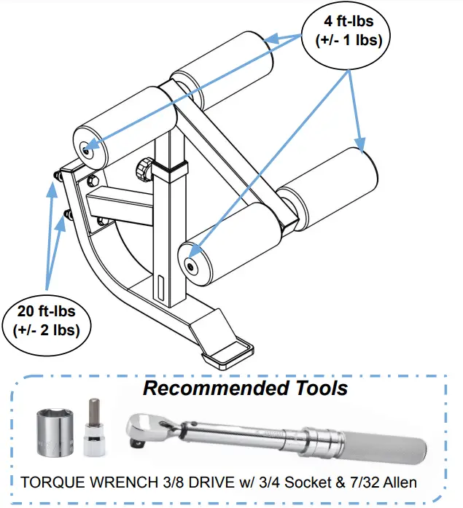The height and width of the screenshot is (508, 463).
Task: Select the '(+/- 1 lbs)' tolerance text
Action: (x=349, y=42)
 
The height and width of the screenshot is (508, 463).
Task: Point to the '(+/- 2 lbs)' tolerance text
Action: (x=47, y=329)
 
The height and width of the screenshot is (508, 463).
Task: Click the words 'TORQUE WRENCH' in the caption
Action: (x=79, y=482)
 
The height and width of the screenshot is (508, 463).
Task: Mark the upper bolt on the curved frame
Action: (x=57, y=176)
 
